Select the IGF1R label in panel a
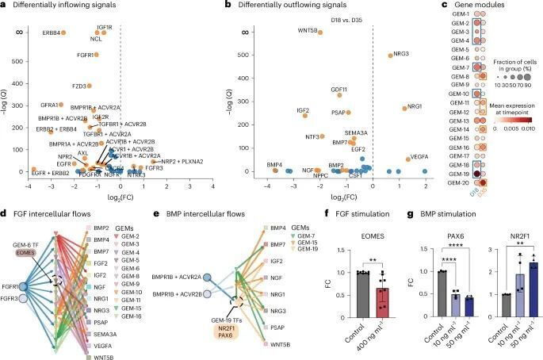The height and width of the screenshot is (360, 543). point(104,27)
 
